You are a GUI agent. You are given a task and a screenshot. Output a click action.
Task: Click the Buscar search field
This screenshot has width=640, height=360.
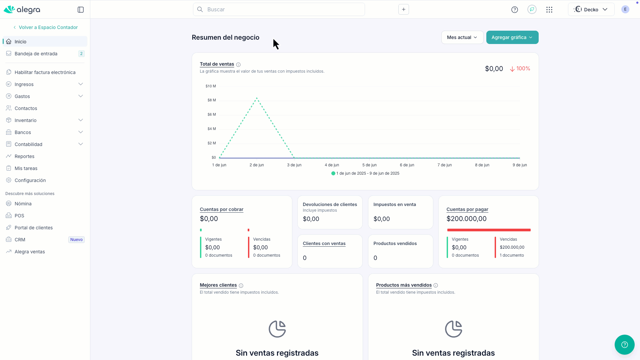click(x=279, y=9)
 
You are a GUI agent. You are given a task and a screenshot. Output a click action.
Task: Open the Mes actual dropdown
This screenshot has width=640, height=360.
click(x=462, y=37)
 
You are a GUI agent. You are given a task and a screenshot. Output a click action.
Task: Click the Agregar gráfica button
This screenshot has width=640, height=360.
click(x=512, y=37)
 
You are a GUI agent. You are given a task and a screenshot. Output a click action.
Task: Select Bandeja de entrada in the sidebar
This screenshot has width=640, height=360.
click(x=36, y=54)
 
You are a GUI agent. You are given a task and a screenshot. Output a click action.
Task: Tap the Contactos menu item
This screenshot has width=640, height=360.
click(x=26, y=108)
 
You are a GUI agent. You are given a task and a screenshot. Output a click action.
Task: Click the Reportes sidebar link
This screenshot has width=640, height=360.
click(x=24, y=156)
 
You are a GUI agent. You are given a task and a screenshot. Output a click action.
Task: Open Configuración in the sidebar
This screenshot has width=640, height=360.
click(x=30, y=180)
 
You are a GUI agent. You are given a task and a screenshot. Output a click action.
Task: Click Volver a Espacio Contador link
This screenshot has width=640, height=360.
click(x=48, y=27)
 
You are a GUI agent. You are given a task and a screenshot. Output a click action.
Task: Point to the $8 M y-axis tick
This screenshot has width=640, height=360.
click(x=212, y=100)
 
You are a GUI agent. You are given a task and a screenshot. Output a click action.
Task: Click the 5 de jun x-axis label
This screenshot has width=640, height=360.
click(x=369, y=165)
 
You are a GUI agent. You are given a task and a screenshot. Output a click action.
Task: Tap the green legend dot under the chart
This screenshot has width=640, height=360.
click(x=333, y=173)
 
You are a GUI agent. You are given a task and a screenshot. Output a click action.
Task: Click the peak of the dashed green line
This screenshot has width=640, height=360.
click(x=257, y=98)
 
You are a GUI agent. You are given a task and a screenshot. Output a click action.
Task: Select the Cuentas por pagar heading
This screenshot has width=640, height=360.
click(x=467, y=209)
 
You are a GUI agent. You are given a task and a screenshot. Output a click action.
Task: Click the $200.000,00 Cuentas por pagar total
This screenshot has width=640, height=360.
click(x=466, y=219)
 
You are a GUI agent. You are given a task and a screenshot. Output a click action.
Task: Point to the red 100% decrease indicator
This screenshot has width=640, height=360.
click(x=520, y=69)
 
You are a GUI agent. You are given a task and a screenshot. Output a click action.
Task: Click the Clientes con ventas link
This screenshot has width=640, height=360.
click(x=324, y=243)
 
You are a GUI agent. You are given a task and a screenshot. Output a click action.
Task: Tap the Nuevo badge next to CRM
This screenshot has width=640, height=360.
click(x=76, y=240)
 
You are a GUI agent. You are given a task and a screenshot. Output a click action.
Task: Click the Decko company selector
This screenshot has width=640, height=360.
click(x=591, y=9)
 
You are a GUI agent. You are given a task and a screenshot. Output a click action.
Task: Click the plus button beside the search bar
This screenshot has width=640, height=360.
click(x=403, y=9)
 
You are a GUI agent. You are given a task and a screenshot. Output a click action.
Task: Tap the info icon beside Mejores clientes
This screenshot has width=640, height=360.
click(x=241, y=286)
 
